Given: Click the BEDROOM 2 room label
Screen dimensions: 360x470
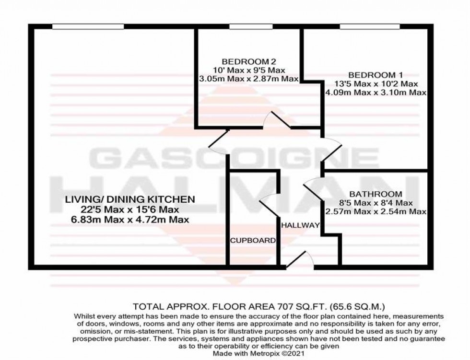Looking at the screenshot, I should pos(248,61).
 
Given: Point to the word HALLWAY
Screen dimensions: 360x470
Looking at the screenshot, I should pos(300,225).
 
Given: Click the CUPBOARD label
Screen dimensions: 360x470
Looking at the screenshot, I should pos(253,240).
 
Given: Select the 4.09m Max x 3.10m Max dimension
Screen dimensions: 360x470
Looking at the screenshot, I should pos(376,93).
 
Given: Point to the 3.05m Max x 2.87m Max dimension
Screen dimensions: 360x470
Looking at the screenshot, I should pos(248,79).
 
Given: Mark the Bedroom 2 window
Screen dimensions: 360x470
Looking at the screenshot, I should pos(248,26).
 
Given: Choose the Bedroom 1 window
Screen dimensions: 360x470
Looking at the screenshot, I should pos(370,26).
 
